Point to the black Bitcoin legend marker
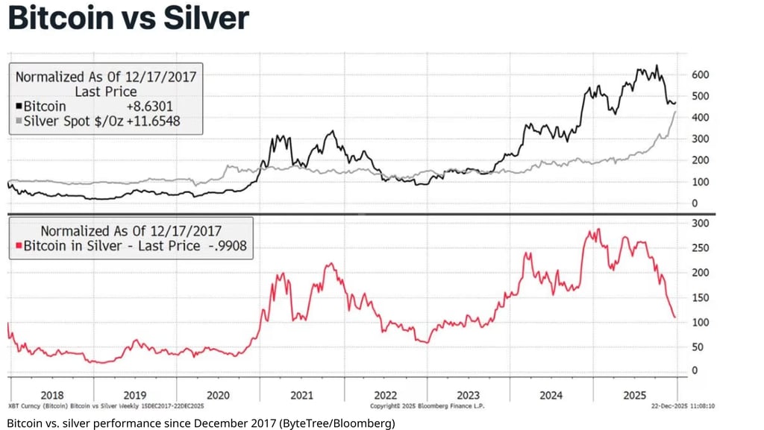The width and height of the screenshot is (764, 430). (x=19, y=107)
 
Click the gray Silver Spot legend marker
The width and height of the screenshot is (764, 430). (x=19, y=121)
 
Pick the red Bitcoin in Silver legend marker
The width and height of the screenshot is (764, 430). (x=19, y=246)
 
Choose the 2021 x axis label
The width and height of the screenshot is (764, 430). (x=301, y=395)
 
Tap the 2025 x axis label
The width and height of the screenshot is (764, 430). (x=635, y=395)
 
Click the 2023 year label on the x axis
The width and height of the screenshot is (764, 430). (x=468, y=395)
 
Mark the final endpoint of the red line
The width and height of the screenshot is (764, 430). (x=675, y=317)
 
